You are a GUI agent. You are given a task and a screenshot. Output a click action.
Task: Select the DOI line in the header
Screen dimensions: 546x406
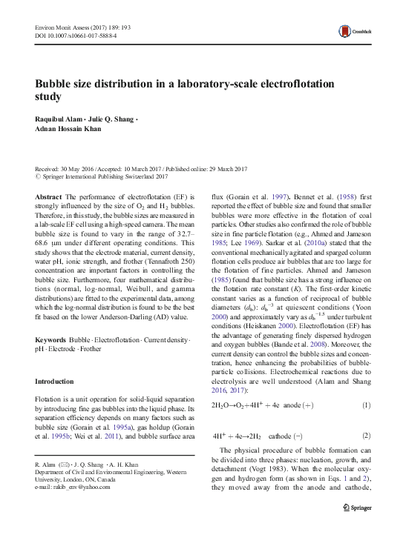(x=76, y=35)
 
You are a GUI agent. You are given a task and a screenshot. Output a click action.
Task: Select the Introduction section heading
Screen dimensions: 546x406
(x=60, y=382)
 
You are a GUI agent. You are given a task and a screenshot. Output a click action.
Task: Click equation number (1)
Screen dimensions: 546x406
(x=365, y=407)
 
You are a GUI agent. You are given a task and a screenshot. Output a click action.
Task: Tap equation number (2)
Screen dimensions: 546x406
(x=365, y=436)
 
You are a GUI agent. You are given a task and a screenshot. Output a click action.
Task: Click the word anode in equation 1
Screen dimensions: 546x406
(x=289, y=407)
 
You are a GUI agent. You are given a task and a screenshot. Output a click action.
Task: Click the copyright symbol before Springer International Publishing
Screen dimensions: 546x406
(x=39, y=177)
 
